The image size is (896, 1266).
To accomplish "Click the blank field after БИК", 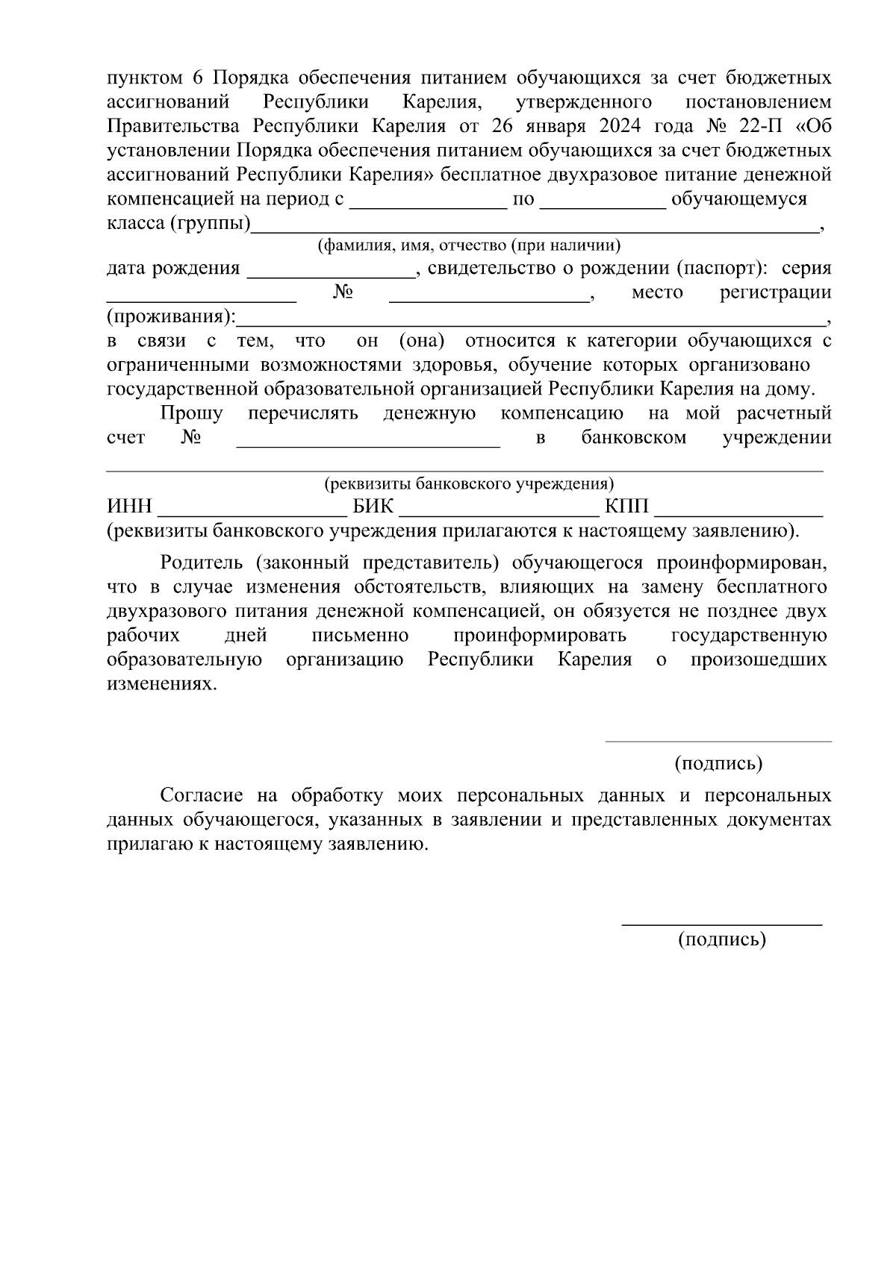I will tap(499, 510).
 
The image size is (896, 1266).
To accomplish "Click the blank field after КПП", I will tap(738, 510).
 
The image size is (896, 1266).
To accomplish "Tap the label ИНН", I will tap(129, 507).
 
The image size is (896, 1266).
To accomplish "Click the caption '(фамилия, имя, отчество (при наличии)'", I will tap(468, 245).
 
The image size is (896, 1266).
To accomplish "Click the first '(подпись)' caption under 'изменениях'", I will tap(718, 764).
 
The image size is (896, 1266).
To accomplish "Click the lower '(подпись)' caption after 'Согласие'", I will tap(721, 940).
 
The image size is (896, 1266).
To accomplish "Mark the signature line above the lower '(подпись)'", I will tap(721, 924).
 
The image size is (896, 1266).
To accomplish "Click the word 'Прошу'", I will tap(191, 413).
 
